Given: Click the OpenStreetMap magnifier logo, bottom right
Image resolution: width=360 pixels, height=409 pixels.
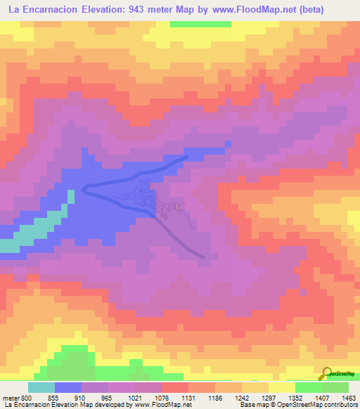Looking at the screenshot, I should (x=328, y=373).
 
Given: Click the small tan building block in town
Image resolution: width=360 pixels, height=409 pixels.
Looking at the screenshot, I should (x=177, y=206).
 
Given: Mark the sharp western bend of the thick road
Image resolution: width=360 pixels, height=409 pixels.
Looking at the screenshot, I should (x=84, y=187).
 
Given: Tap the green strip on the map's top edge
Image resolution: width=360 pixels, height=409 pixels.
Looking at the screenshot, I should (x=200, y=24).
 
